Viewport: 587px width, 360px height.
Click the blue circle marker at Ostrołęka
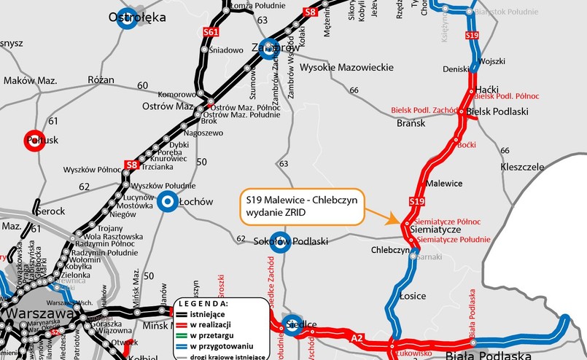point(127,20)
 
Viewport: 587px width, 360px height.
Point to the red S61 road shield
point(211,33)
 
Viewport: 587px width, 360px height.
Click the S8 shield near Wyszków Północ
point(131,165)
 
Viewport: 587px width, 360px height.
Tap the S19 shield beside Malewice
point(416,201)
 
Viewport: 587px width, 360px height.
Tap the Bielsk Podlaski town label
point(497,111)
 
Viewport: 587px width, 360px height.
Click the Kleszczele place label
point(523,167)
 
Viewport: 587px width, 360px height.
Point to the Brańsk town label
point(411,123)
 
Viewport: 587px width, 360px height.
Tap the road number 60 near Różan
point(142,85)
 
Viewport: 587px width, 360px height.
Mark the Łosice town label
point(413,296)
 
